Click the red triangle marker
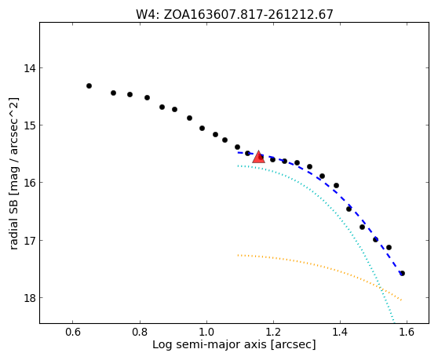(x=258, y=158)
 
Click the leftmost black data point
(x=89, y=85)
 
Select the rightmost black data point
(x=402, y=273)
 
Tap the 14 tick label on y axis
(x=29, y=67)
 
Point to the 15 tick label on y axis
(x=29, y=125)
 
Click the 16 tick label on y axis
(x=29, y=183)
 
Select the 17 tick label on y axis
(x=29, y=240)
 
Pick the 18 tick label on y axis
(x=29, y=298)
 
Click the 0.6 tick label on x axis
(x=73, y=332)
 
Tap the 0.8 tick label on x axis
(x=140, y=332)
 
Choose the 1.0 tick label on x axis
(x=206, y=332)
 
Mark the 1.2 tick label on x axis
(x=273, y=332)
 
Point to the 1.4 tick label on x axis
(x=340, y=332)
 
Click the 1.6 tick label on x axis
(x=407, y=332)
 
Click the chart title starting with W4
(x=235, y=14)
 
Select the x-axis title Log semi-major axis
(x=234, y=344)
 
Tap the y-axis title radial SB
(x=13, y=173)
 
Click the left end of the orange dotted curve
(x=239, y=255)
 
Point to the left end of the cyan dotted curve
(x=239, y=165)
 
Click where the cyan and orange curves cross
(x=381, y=287)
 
